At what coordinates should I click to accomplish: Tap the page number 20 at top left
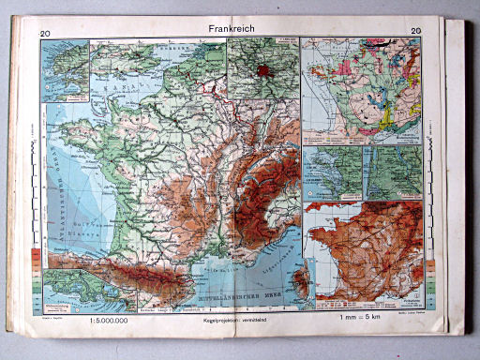[44, 36]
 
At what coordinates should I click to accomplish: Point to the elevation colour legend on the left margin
[36, 268]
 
